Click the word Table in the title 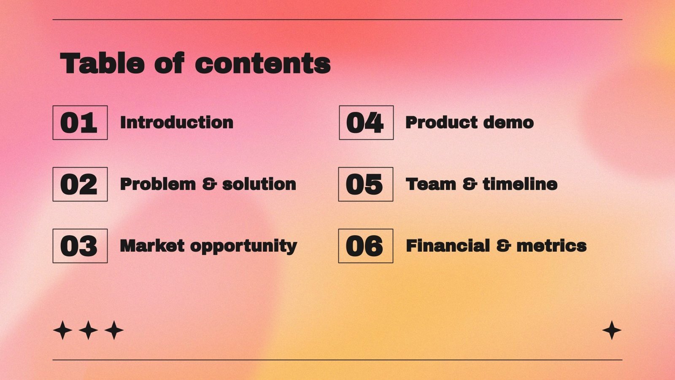[x=103, y=64]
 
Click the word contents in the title [x=262, y=64]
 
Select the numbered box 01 [x=80, y=123]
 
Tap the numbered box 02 [x=80, y=185]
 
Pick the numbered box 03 [x=80, y=246]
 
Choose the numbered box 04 [x=366, y=123]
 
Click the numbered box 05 [x=365, y=185]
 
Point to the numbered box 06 [x=365, y=246]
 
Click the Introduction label [x=176, y=123]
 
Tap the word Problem [x=158, y=185]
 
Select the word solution [x=259, y=185]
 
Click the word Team [x=431, y=185]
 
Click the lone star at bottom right [x=612, y=330]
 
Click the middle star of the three [x=89, y=330]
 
